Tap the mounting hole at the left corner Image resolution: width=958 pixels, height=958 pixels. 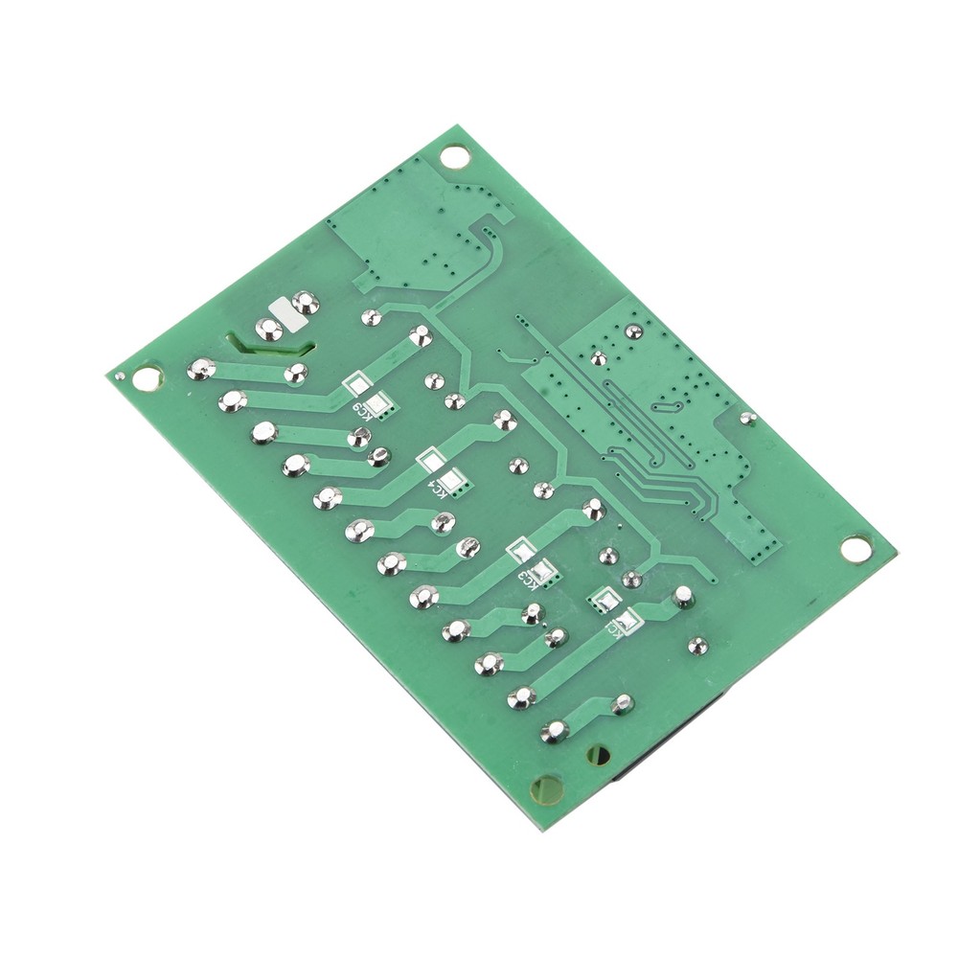[147, 378]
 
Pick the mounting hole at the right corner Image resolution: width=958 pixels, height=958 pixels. [855, 548]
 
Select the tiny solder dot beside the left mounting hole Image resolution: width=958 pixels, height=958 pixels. [119, 376]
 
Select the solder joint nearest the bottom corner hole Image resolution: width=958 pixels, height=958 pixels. [554, 733]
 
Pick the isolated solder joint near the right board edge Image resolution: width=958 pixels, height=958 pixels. [748, 418]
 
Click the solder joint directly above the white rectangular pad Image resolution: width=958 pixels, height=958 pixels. [306, 303]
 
